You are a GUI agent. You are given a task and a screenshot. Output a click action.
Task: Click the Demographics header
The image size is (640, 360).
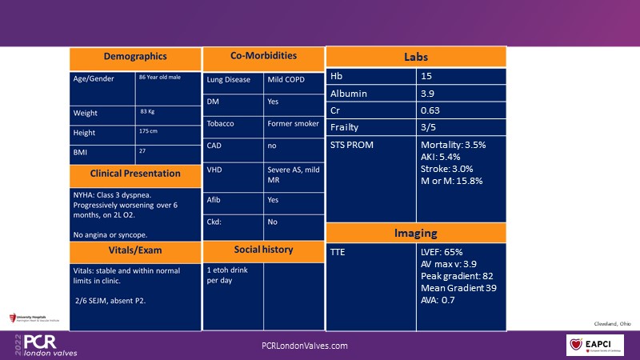(134, 57)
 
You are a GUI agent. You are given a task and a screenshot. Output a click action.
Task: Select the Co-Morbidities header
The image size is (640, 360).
(263, 56)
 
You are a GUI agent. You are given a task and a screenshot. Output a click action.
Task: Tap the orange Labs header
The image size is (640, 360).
(416, 58)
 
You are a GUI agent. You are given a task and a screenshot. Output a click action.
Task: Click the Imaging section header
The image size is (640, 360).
(416, 233)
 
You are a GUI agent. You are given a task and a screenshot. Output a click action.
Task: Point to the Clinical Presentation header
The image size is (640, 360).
(134, 174)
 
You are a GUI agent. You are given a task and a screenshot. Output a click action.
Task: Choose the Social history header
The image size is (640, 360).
(263, 249)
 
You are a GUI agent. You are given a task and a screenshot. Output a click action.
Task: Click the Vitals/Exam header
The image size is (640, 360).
(134, 251)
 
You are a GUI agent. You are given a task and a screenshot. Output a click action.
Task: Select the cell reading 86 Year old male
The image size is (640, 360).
(164, 78)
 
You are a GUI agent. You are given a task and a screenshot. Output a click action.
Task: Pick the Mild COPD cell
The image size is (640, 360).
(294, 80)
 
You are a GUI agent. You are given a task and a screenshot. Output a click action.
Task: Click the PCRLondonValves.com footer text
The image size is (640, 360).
(305, 346)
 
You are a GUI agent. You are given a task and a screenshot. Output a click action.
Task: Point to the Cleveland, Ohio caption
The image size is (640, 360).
(613, 323)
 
